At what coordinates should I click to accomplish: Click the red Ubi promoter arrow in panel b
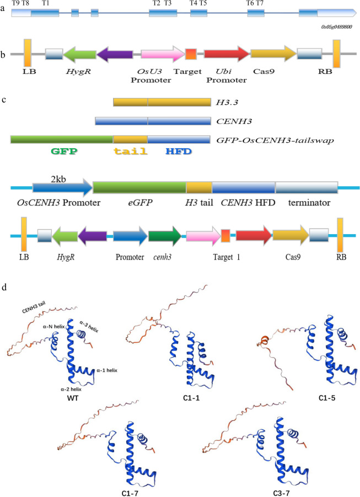226,53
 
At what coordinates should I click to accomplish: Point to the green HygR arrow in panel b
79,53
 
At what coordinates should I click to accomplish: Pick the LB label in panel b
29,71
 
